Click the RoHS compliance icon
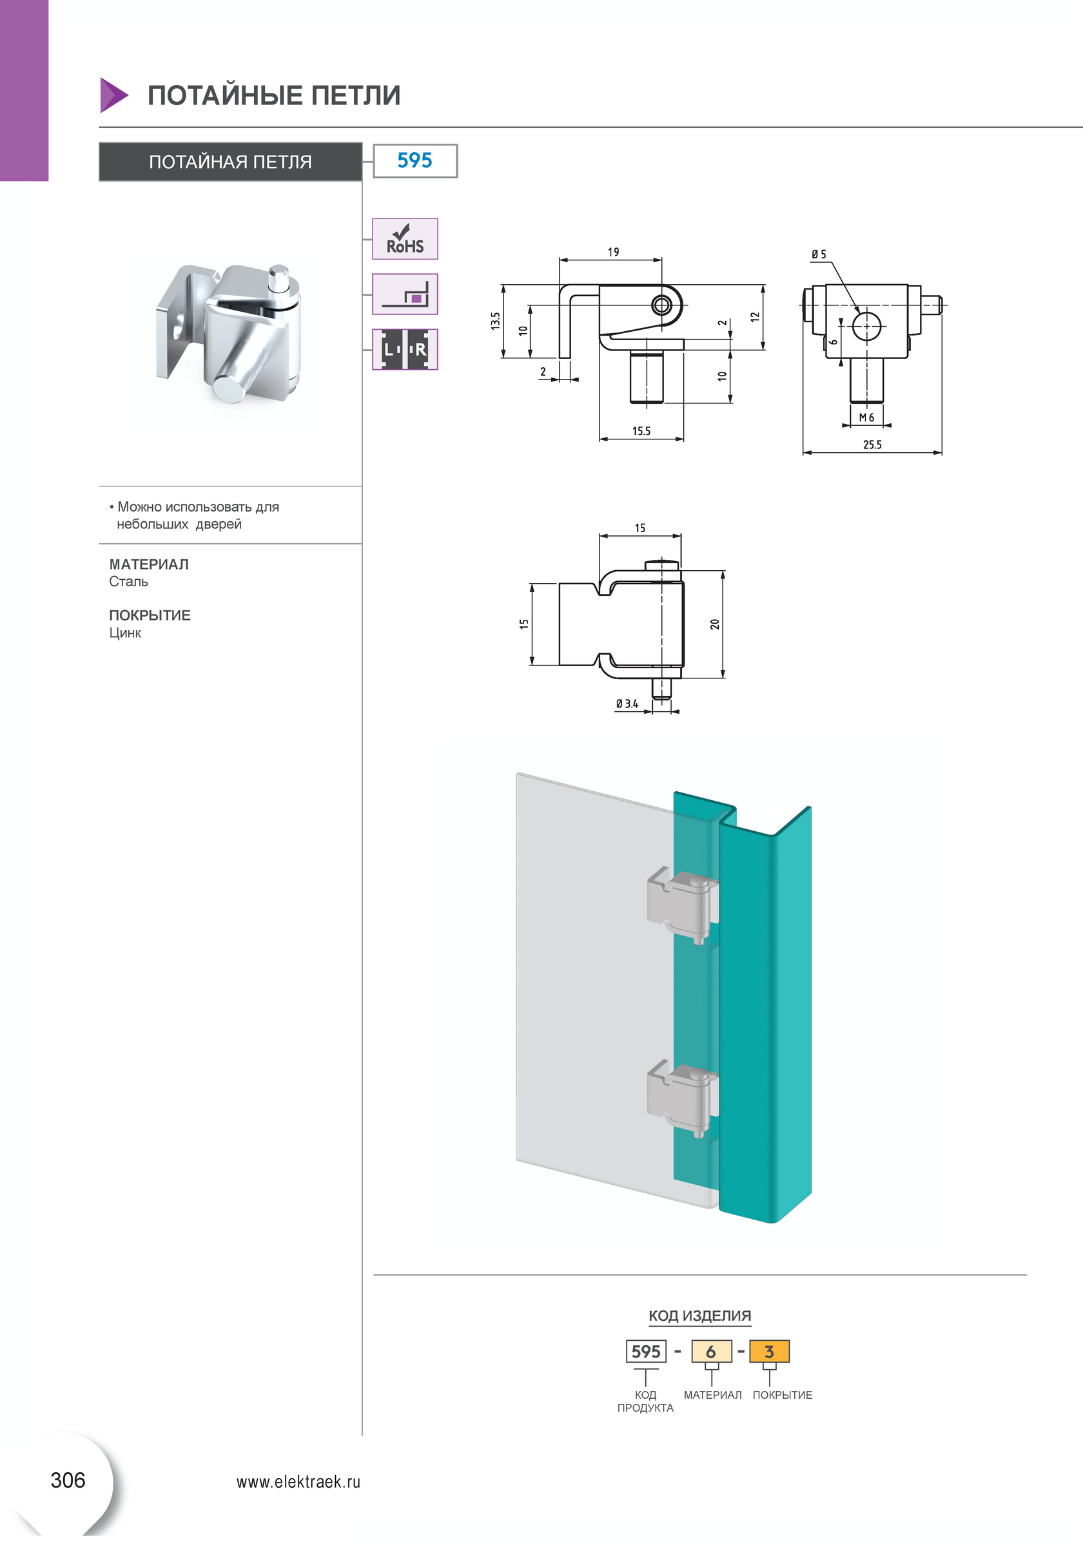click(405, 239)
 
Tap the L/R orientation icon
click(405, 349)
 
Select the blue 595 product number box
click(415, 161)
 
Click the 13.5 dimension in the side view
click(495, 320)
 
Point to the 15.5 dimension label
click(641, 431)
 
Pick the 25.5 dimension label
click(872, 445)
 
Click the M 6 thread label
click(866, 418)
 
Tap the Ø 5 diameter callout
click(819, 254)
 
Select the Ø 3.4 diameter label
click(627, 704)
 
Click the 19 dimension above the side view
click(613, 253)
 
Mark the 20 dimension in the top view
click(715, 624)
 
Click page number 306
click(68, 1480)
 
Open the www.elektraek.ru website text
click(298, 1482)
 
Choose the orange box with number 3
click(768, 1351)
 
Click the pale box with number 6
click(711, 1351)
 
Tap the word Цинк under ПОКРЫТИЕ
click(125, 633)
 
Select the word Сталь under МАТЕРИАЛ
click(128, 581)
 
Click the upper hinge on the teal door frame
click(681, 905)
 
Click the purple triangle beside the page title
click(112, 95)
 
